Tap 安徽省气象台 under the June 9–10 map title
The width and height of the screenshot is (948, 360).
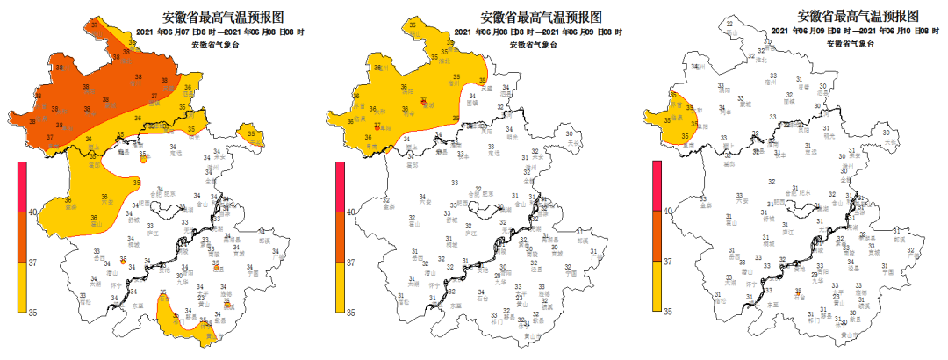[x=853, y=43]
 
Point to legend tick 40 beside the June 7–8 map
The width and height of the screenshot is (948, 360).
[x=32, y=212]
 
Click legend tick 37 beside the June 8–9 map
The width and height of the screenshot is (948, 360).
[x=348, y=262]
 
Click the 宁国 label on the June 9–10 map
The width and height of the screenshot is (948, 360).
[x=887, y=273]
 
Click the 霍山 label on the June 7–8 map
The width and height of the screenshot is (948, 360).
[x=99, y=225]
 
